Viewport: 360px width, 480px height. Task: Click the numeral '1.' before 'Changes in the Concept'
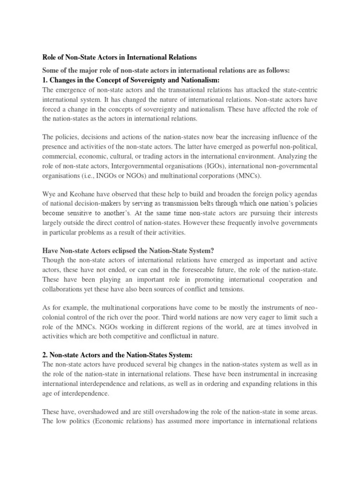pos(45,81)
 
